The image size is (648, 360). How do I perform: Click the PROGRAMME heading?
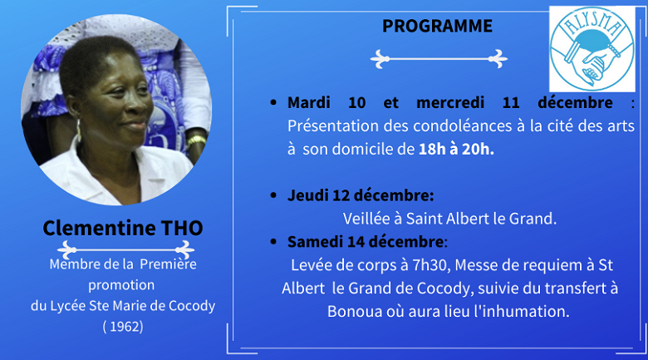click(437, 27)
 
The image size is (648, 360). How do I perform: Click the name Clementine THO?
click(122, 227)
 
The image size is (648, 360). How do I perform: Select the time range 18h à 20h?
click(456, 150)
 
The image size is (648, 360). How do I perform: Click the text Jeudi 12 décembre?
click(360, 195)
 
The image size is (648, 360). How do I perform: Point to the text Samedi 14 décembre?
click(366, 242)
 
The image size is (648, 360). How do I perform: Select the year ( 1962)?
click(122, 326)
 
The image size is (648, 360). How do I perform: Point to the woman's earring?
click(81, 130)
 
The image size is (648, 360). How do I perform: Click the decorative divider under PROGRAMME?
click(438, 59)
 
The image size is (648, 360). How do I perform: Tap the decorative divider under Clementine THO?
click(122, 248)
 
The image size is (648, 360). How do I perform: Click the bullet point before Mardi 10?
click(273, 103)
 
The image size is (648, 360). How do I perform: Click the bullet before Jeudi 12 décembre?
click(273, 196)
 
